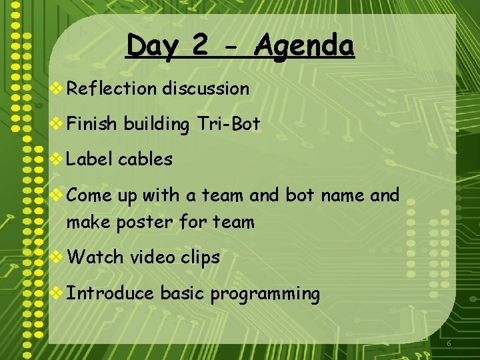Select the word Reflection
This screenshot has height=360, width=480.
pyautogui.click(x=111, y=89)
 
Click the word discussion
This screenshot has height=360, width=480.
pyautogui.click(x=205, y=89)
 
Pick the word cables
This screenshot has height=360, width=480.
pyautogui.click(x=145, y=159)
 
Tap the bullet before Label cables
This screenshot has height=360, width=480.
pyautogui.click(x=57, y=160)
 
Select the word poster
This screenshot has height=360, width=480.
pyautogui.click(x=145, y=223)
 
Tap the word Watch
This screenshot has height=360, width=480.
pyautogui.click(x=95, y=257)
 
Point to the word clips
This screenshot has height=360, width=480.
pyautogui.click(x=200, y=258)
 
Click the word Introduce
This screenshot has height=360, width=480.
pyautogui.click(x=111, y=293)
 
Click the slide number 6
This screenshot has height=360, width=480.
pyautogui.click(x=449, y=343)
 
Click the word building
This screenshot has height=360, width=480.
pyautogui.click(x=156, y=125)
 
